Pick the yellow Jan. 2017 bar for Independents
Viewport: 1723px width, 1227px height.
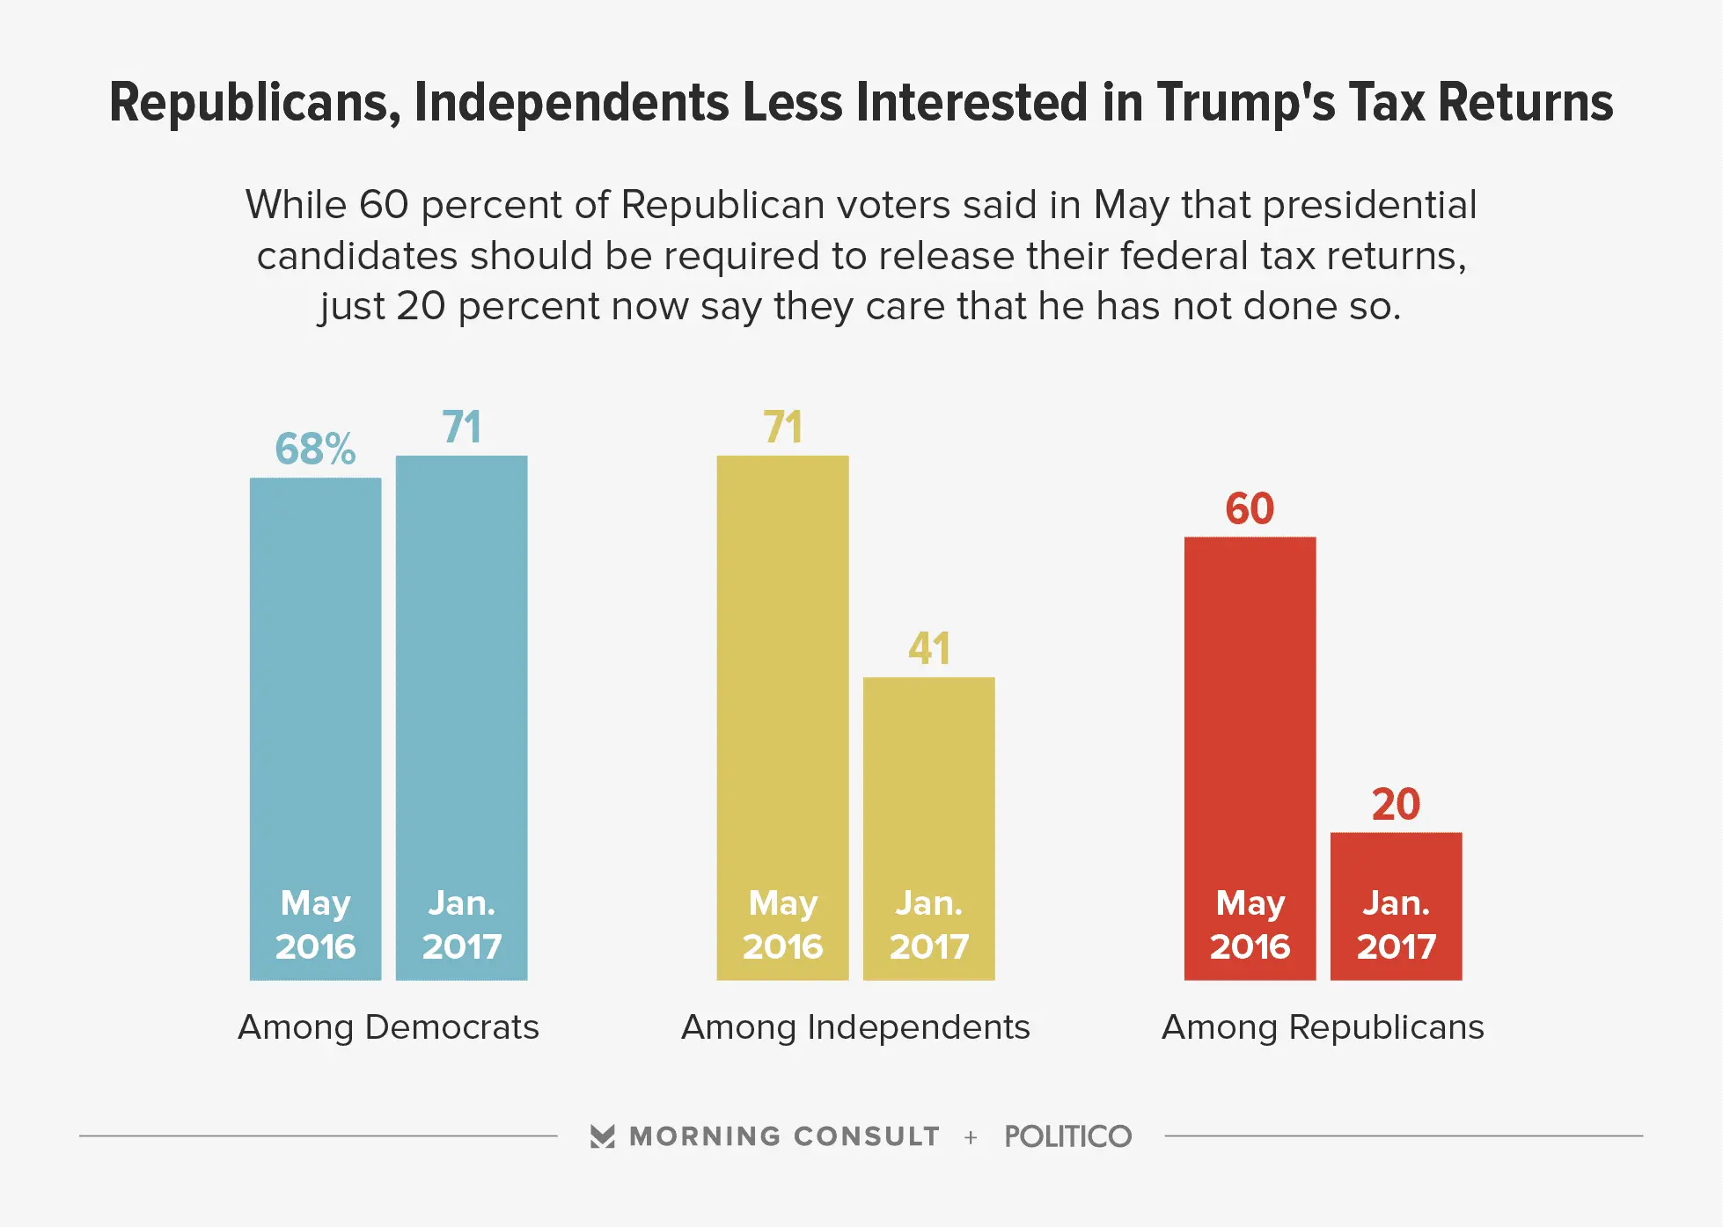pyautogui.click(x=928, y=792)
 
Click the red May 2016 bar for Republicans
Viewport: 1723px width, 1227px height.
pyautogui.click(x=1250, y=721)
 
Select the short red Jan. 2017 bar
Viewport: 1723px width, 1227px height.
pyautogui.click(x=1396, y=871)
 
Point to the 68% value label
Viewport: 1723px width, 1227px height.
pyautogui.click(x=315, y=449)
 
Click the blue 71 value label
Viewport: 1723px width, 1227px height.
pyautogui.click(x=461, y=427)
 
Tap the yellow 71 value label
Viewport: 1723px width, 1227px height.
pyautogui.click(x=782, y=427)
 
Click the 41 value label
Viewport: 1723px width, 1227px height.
pyautogui.click(x=928, y=649)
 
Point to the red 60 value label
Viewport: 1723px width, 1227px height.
pyautogui.click(x=1250, y=509)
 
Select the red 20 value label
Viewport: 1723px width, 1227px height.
pyautogui.click(x=1396, y=805)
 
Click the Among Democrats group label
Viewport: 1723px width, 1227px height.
pyautogui.click(x=388, y=1027)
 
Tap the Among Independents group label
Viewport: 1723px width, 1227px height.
pyautogui.click(x=855, y=1027)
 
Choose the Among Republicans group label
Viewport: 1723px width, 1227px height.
pyautogui.click(x=1323, y=1027)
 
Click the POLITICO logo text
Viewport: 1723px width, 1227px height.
pyautogui.click(x=1067, y=1136)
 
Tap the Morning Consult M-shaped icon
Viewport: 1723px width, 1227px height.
pyautogui.click(x=603, y=1136)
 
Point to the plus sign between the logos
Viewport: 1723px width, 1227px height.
pyautogui.click(x=971, y=1137)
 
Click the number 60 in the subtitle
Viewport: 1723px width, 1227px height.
pyautogui.click(x=384, y=205)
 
